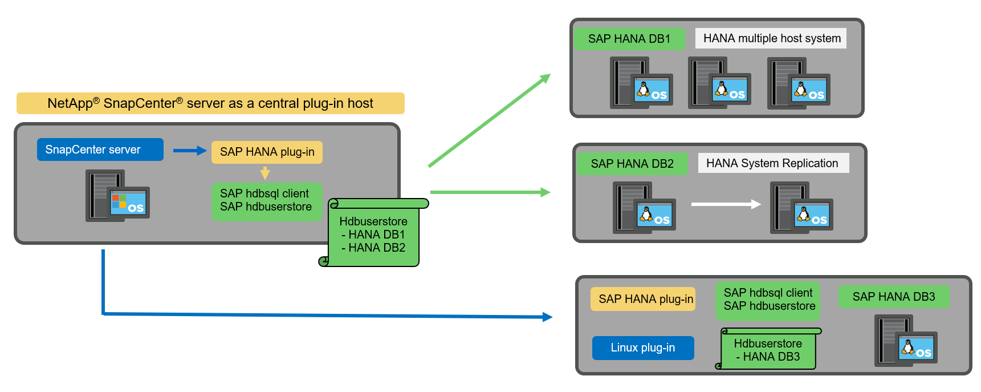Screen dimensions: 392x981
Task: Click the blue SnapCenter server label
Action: pyautogui.click(x=100, y=149)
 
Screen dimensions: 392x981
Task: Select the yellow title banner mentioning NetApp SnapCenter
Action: pyautogui.click(x=210, y=103)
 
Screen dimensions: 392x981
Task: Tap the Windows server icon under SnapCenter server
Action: pyautogui.click(x=117, y=196)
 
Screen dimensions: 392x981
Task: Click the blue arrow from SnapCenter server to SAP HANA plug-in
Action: pyautogui.click(x=189, y=151)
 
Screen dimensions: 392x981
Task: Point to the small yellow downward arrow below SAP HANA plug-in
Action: pyautogui.click(x=265, y=173)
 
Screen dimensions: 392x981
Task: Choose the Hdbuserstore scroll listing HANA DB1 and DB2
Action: pyautogui.click(x=374, y=234)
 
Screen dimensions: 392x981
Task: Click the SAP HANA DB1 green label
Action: pyautogui.click(x=629, y=39)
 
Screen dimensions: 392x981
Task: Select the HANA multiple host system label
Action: pyautogui.click(x=771, y=38)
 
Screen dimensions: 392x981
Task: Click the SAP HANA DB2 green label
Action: pyautogui.click(x=632, y=164)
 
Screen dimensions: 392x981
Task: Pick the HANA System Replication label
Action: pyautogui.click(x=773, y=163)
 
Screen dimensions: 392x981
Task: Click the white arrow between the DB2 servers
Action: pyautogui.click(x=726, y=204)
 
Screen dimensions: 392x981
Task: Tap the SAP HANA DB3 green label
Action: pyautogui.click(x=893, y=297)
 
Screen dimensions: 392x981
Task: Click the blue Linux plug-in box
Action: pyautogui.click(x=643, y=347)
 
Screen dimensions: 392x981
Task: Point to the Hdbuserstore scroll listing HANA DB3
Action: pyautogui.click(x=768, y=350)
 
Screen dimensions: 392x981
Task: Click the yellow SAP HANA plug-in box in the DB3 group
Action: pyautogui.click(x=643, y=299)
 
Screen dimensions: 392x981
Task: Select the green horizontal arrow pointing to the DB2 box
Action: pyautogui.click(x=490, y=192)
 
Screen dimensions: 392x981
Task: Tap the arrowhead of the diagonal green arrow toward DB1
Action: pyautogui.click(x=546, y=78)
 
